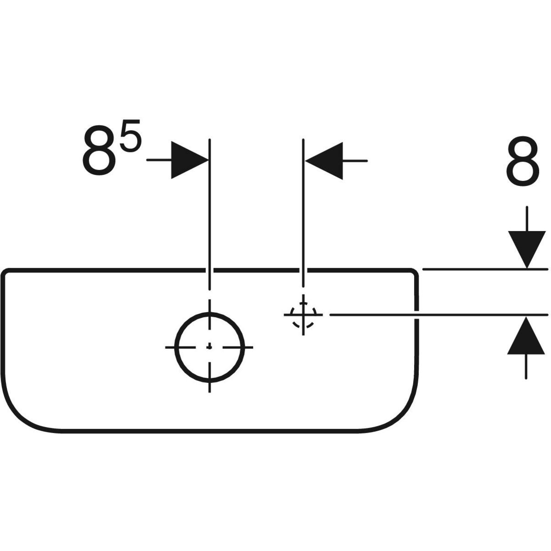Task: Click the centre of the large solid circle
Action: [209, 348]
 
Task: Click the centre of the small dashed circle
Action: [303, 315]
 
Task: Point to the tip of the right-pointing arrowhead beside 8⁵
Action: [208, 160]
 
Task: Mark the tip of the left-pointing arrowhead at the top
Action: [305, 161]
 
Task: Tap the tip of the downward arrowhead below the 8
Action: [527, 269]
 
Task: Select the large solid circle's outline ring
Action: [209, 348]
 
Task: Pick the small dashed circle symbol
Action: [303, 315]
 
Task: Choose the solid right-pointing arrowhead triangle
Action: [190, 160]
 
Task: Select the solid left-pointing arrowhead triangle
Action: [324, 161]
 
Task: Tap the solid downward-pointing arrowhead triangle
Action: [527, 250]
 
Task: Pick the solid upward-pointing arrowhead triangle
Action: [526, 336]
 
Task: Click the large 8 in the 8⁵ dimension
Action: [100, 151]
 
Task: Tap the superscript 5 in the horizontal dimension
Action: [131, 136]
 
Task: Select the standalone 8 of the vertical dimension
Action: [523, 161]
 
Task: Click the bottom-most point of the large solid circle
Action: [209, 382]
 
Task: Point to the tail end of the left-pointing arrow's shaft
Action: [367, 161]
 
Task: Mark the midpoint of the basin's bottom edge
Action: [209, 431]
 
